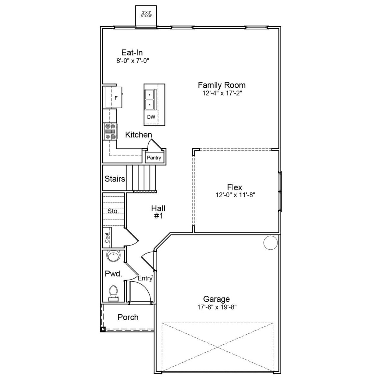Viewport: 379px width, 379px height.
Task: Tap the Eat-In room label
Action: [x=132, y=53]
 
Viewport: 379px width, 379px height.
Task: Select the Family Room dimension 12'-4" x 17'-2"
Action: [x=221, y=93]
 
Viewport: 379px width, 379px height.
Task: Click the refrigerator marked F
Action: [x=114, y=98]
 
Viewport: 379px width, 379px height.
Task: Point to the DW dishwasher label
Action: [x=151, y=117]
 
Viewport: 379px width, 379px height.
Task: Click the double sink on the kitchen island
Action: [x=150, y=99]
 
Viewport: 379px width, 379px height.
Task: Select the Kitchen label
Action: [x=138, y=135]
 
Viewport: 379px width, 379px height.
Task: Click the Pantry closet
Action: [x=154, y=158]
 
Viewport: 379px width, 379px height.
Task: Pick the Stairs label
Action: [x=115, y=179]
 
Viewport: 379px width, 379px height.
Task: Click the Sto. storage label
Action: [x=113, y=211]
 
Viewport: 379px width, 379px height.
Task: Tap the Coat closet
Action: [x=107, y=237]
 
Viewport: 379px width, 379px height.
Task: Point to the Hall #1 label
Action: [x=158, y=212]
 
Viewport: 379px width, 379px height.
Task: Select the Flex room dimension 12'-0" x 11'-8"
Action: [x=235, y=195]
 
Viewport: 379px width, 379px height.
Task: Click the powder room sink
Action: [x=113, y=256]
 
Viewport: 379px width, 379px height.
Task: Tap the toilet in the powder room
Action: [x=113, y=293]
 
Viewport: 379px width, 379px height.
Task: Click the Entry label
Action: [x=145, y=278]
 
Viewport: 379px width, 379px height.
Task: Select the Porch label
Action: [x=128, y=317]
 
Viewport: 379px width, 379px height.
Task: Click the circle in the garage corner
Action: [x=270, y=243]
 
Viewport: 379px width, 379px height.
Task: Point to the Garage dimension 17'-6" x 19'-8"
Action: [x=217, y=307]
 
